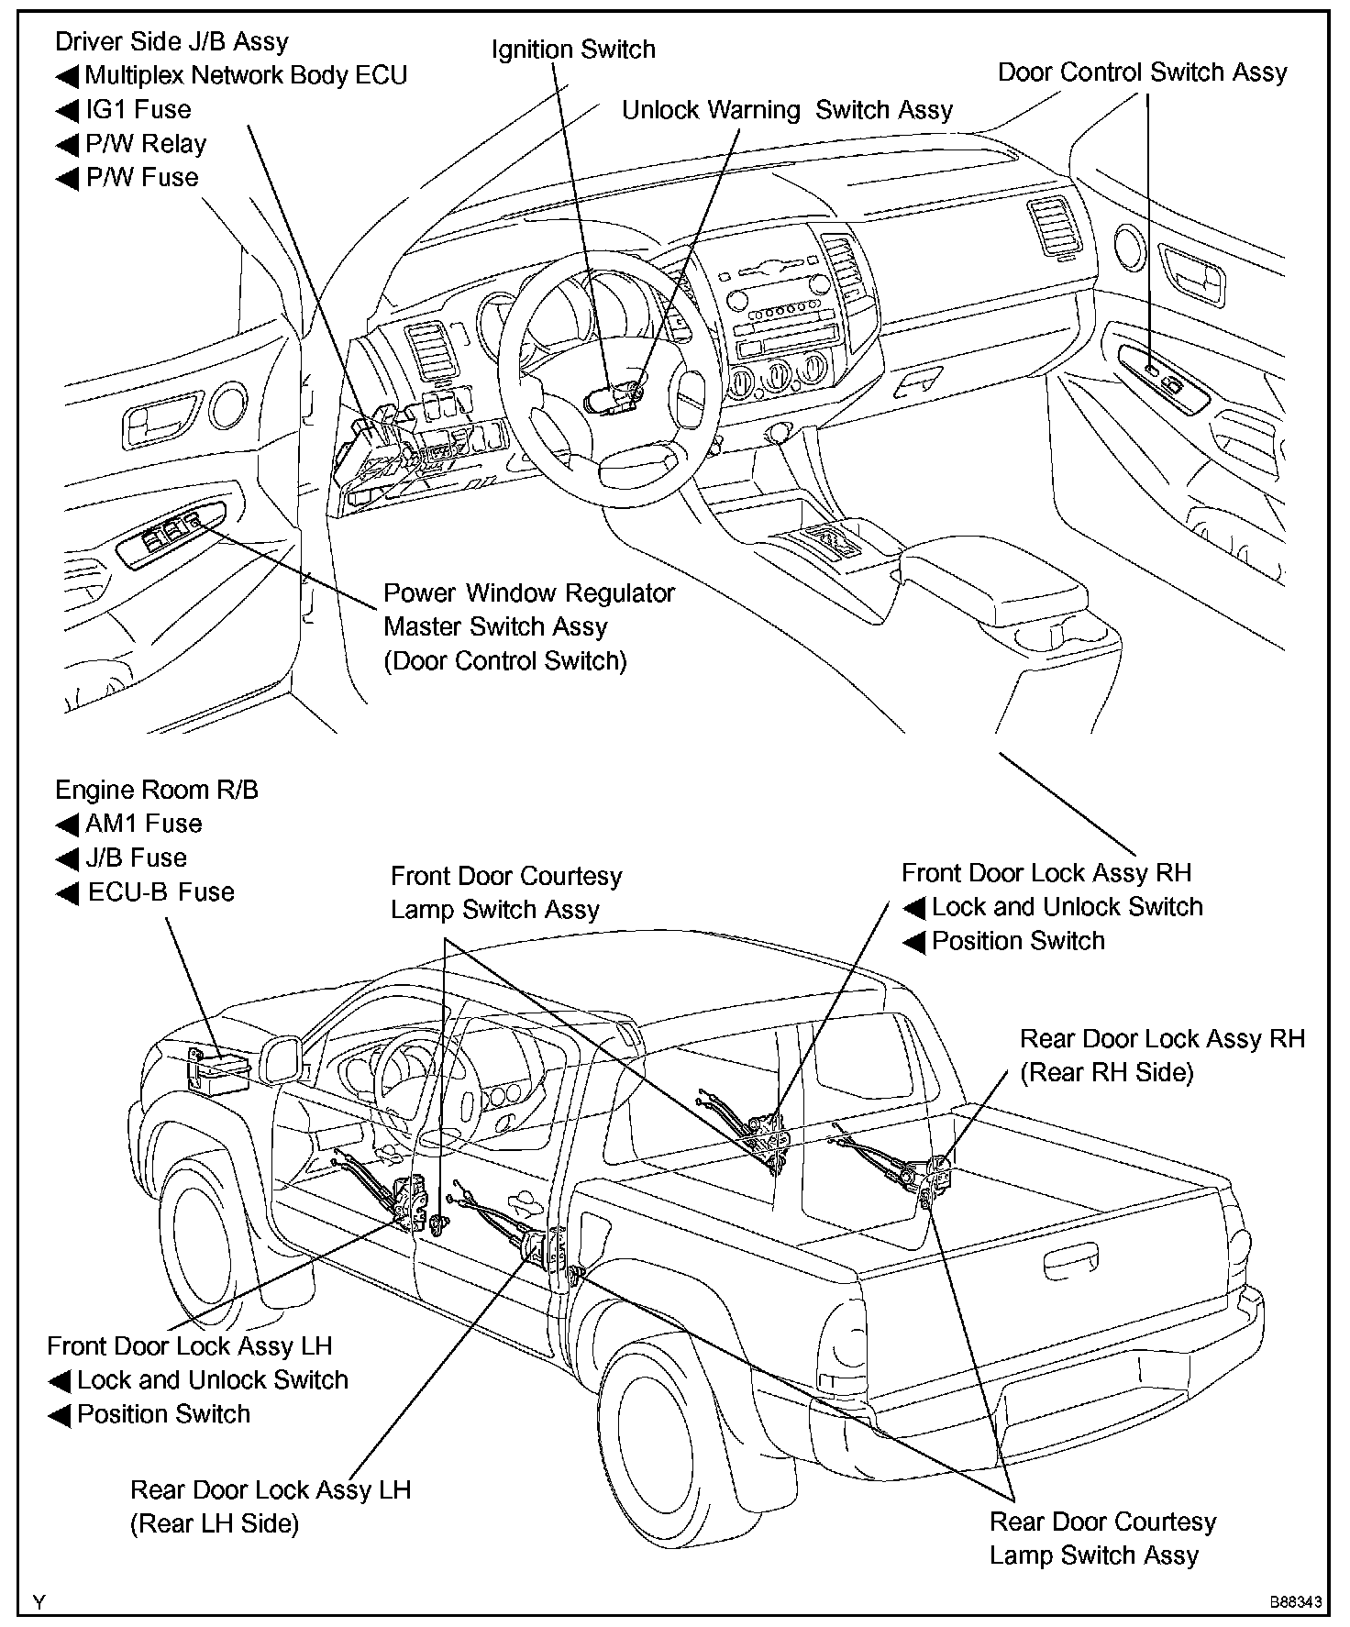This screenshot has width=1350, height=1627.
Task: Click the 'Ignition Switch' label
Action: tap(573, 49)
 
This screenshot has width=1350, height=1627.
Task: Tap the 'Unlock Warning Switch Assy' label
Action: tap(787, 110)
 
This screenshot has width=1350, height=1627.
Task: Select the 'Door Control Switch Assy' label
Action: tap(1142, 72)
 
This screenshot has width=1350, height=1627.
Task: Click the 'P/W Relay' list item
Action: tap(146, 144)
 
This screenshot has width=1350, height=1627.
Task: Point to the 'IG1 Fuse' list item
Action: tap(138, 110)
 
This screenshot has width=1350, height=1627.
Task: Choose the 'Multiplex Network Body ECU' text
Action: tap(246, 75)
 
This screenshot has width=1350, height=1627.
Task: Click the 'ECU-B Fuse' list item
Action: tap(160, 892)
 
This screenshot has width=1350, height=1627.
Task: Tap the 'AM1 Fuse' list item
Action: tap(143, 824)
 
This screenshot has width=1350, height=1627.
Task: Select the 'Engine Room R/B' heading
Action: tap(157, 790)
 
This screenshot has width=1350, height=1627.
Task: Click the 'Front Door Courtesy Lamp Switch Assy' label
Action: tap(505, 892)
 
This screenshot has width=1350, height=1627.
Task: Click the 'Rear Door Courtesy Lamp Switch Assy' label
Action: tap(1102, 1538)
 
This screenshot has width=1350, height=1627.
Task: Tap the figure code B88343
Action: tap(1296, 1602)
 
